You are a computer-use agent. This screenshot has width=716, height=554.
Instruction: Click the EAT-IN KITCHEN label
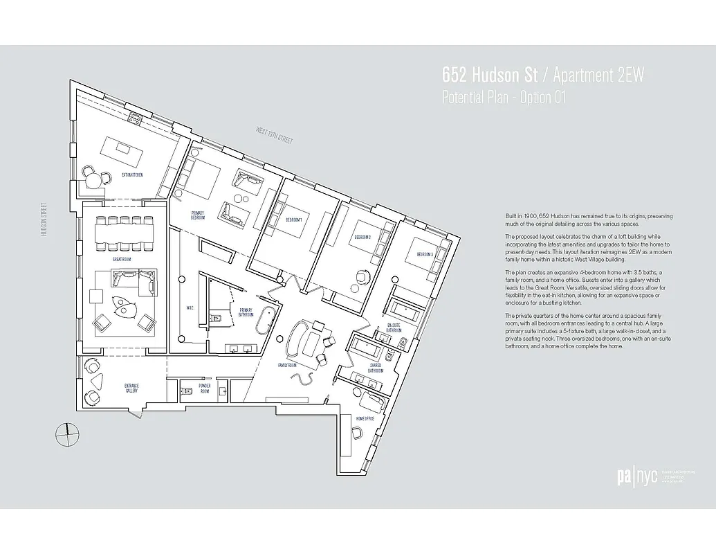132,175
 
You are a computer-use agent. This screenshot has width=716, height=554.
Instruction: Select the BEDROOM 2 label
363,237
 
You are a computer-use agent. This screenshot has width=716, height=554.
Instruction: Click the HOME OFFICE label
365,419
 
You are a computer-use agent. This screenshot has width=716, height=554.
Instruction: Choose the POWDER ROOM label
204,388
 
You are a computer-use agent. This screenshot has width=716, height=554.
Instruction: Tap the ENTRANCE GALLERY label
131,388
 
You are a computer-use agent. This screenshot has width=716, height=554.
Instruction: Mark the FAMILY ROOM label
287,364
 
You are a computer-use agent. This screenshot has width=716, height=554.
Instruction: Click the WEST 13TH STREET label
274,135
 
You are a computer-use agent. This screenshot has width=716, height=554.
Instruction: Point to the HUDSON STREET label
44,220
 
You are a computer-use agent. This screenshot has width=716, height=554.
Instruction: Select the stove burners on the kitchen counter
136,119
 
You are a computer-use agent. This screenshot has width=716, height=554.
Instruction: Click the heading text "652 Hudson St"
486,74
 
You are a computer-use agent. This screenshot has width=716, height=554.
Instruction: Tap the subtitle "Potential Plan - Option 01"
504,98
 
